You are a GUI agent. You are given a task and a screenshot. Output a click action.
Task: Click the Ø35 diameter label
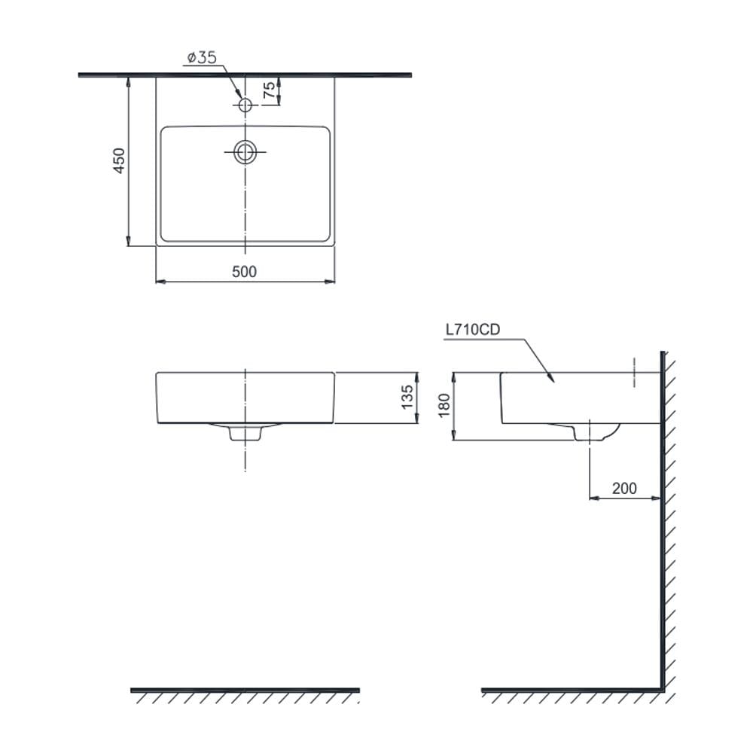(202, 58)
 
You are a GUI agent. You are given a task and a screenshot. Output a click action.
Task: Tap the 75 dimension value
(270, 90)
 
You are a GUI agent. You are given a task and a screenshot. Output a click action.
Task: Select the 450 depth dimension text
(119, 160)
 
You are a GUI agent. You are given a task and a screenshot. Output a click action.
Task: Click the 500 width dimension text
(245, 272)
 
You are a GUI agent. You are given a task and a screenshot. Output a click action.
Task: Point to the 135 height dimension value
(407, 397)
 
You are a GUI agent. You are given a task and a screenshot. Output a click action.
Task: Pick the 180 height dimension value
(444, 405)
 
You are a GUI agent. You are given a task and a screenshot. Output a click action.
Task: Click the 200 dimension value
(624, 489)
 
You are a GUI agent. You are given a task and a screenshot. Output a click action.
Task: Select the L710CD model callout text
(473, 330)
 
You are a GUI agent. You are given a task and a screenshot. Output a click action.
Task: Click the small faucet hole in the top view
(245, 105)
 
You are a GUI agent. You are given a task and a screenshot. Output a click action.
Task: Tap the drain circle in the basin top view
(245, 152)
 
